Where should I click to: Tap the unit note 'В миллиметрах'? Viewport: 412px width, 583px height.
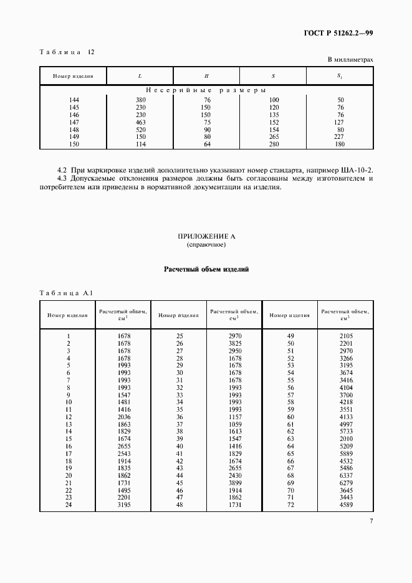pyautogui.click(x=350, y=60)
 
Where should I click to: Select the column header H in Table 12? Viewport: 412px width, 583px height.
pyautogui.click(x=206, y=76)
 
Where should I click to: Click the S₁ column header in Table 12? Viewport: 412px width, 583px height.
pyautogui.click(x=340, y=76)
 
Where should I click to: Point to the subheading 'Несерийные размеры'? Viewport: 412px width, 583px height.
pyautogui.click(x=206, y=90)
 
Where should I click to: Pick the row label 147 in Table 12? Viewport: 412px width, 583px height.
pyautogui.click(x=75, y=123)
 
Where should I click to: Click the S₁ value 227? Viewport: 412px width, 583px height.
pyautogui.click(x=340, y=138)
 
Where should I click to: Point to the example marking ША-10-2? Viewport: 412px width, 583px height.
pyautogui.click(x=357, y=170)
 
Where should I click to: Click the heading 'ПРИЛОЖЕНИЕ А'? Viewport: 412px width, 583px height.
pyautogui.click(x=206, y=237)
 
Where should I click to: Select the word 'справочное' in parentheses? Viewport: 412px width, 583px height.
pyautogui.click(x=206, y=245)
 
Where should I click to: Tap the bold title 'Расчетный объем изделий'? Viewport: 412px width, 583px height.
pyautogui.click(x=206, y=270)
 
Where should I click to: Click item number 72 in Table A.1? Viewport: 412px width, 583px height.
pyautogui.click(x=290, y=505)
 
